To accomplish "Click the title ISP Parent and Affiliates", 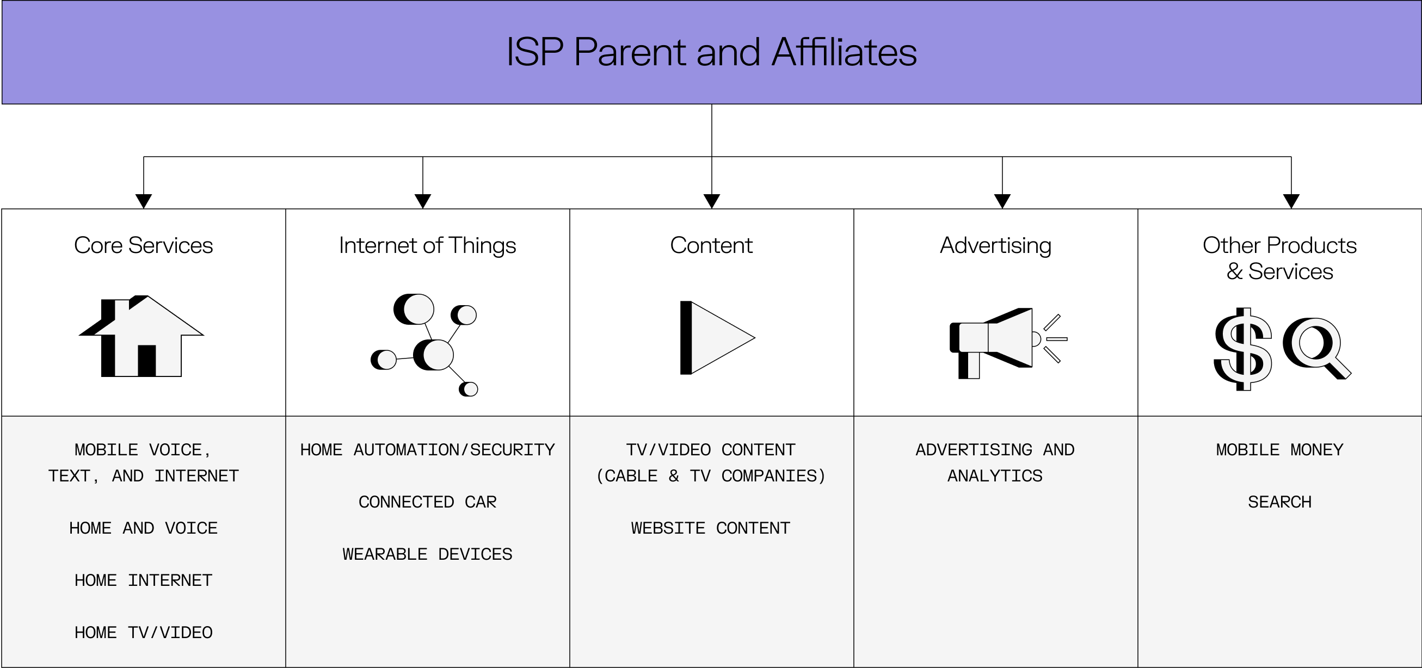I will [x=711, y=52].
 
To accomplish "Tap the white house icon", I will [x=147, y=342].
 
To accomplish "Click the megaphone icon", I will [x=999, y=339].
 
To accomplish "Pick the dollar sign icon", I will [x=1246, y=349].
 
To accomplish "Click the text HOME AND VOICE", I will [x=143, y=528].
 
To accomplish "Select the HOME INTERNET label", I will [x=143, y=580].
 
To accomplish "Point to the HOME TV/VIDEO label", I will [x=143, y=633].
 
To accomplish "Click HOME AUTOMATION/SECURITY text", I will [x=427, y=450].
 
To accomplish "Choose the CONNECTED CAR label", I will [x=427, y=502].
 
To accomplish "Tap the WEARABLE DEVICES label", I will [x=427, y=554].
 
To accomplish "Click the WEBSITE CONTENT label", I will [x=710, y=528].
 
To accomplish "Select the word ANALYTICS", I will [x=995, y=476].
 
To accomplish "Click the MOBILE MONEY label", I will [x=1279, y=450].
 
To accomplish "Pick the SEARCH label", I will [x=1279, y=502].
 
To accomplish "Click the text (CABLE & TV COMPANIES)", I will [x=710, y=476].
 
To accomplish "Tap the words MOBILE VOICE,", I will [x=143, y=450].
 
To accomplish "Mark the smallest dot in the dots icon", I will [x=470, y=389].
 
